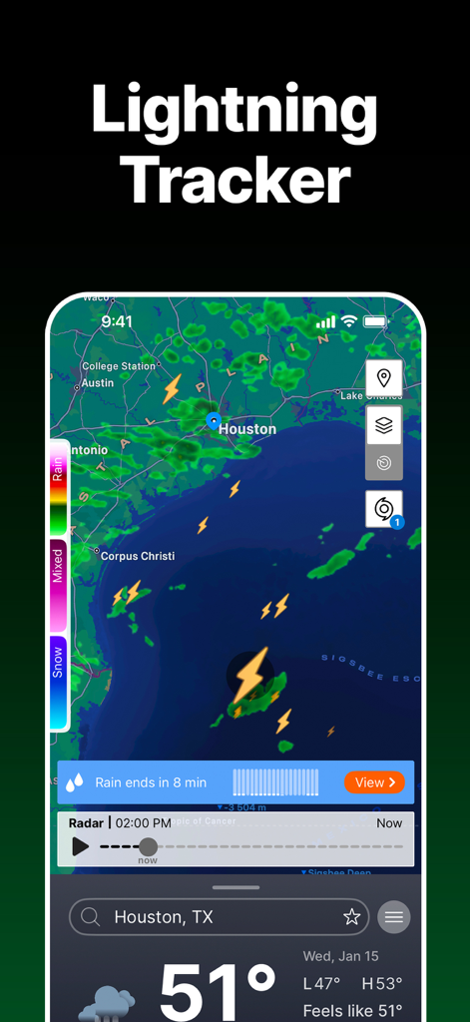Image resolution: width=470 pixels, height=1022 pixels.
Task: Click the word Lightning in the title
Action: [235, 112]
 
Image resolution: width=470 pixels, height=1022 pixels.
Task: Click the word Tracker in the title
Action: [235, 181]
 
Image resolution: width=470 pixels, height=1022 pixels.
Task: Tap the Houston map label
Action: [246, 429]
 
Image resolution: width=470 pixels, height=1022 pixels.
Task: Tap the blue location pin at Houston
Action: [214, 421]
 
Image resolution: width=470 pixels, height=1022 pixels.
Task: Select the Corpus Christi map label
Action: [138, 556]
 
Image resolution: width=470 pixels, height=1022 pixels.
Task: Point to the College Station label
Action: [119, 366]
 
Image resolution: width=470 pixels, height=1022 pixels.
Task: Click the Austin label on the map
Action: [98, 383]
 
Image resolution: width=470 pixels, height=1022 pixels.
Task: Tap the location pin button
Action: [384, 379]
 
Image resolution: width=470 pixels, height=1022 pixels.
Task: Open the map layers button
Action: [384, 426]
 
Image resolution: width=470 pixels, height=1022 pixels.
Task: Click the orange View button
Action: [374, 782]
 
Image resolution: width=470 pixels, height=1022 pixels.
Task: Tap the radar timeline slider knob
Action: [148, 847]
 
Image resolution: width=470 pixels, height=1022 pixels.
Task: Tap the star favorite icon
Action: [351, 917]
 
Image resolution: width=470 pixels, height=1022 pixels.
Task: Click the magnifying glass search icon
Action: [91, 917]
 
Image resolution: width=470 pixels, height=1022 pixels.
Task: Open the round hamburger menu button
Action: [394, 917]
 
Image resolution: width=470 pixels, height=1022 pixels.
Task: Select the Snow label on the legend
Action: [58, 662]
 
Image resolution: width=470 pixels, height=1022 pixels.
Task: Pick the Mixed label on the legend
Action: [58, 566]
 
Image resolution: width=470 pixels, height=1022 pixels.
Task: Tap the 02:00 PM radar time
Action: [143, 823]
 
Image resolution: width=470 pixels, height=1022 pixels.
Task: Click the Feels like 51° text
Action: [352, 1011]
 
